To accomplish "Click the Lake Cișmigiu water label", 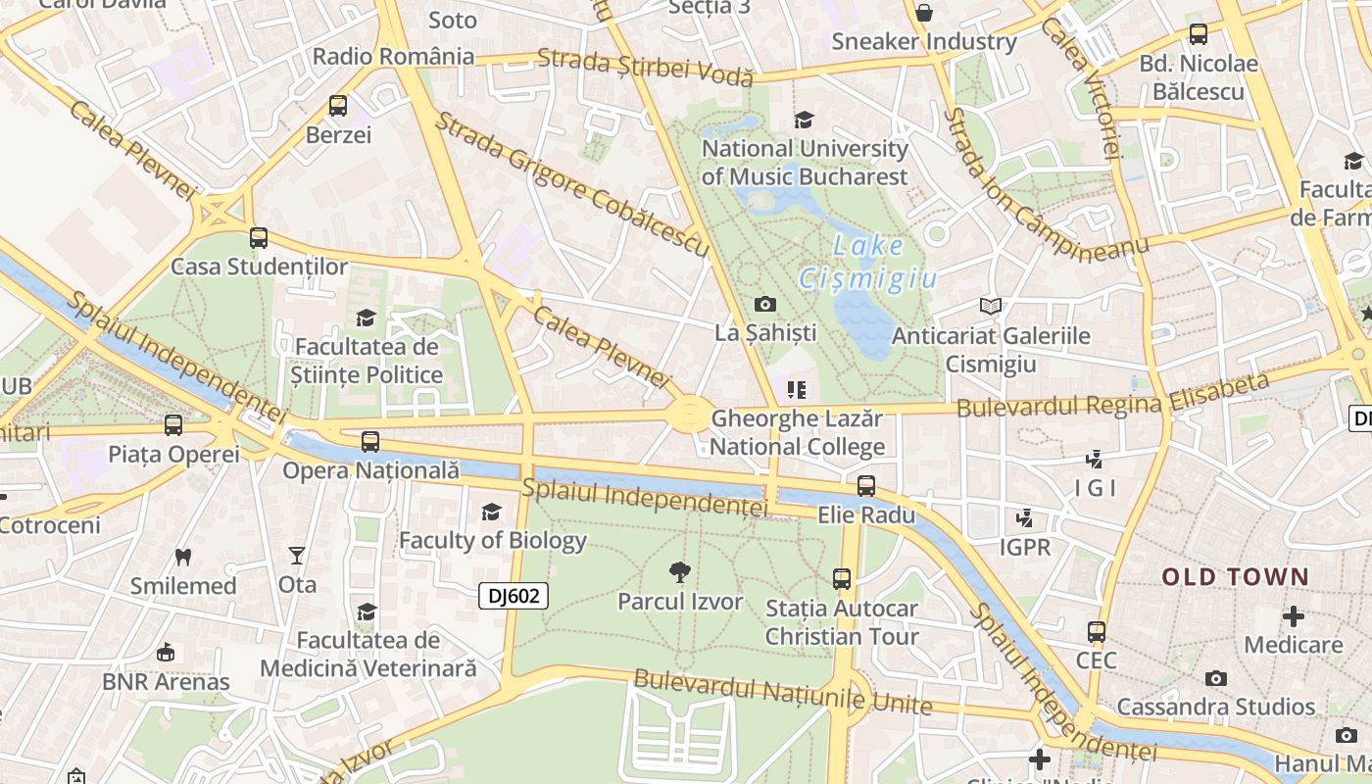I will point(868,263).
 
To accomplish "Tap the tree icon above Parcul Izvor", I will point(679,572).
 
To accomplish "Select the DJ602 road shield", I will point(514,595).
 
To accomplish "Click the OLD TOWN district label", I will point(1236,577).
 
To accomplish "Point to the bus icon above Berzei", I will point(338,105).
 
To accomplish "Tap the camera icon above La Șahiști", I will point(765,304).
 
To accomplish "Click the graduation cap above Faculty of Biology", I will point(491,512).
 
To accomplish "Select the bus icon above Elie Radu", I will point(866,485).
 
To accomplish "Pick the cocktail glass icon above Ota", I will point(297,556).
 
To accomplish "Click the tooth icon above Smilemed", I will point(182,557).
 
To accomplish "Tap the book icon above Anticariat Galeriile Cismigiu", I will point(991,307).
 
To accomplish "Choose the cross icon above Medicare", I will point(1294,616).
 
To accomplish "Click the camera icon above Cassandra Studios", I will point(1216,678).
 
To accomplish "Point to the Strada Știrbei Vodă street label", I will point(645,66).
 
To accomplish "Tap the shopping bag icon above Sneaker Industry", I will point(923,13).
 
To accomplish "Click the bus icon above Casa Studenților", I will point(259,237).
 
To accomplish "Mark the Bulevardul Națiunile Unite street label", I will point(782,692).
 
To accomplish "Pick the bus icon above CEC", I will point(1097,632).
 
